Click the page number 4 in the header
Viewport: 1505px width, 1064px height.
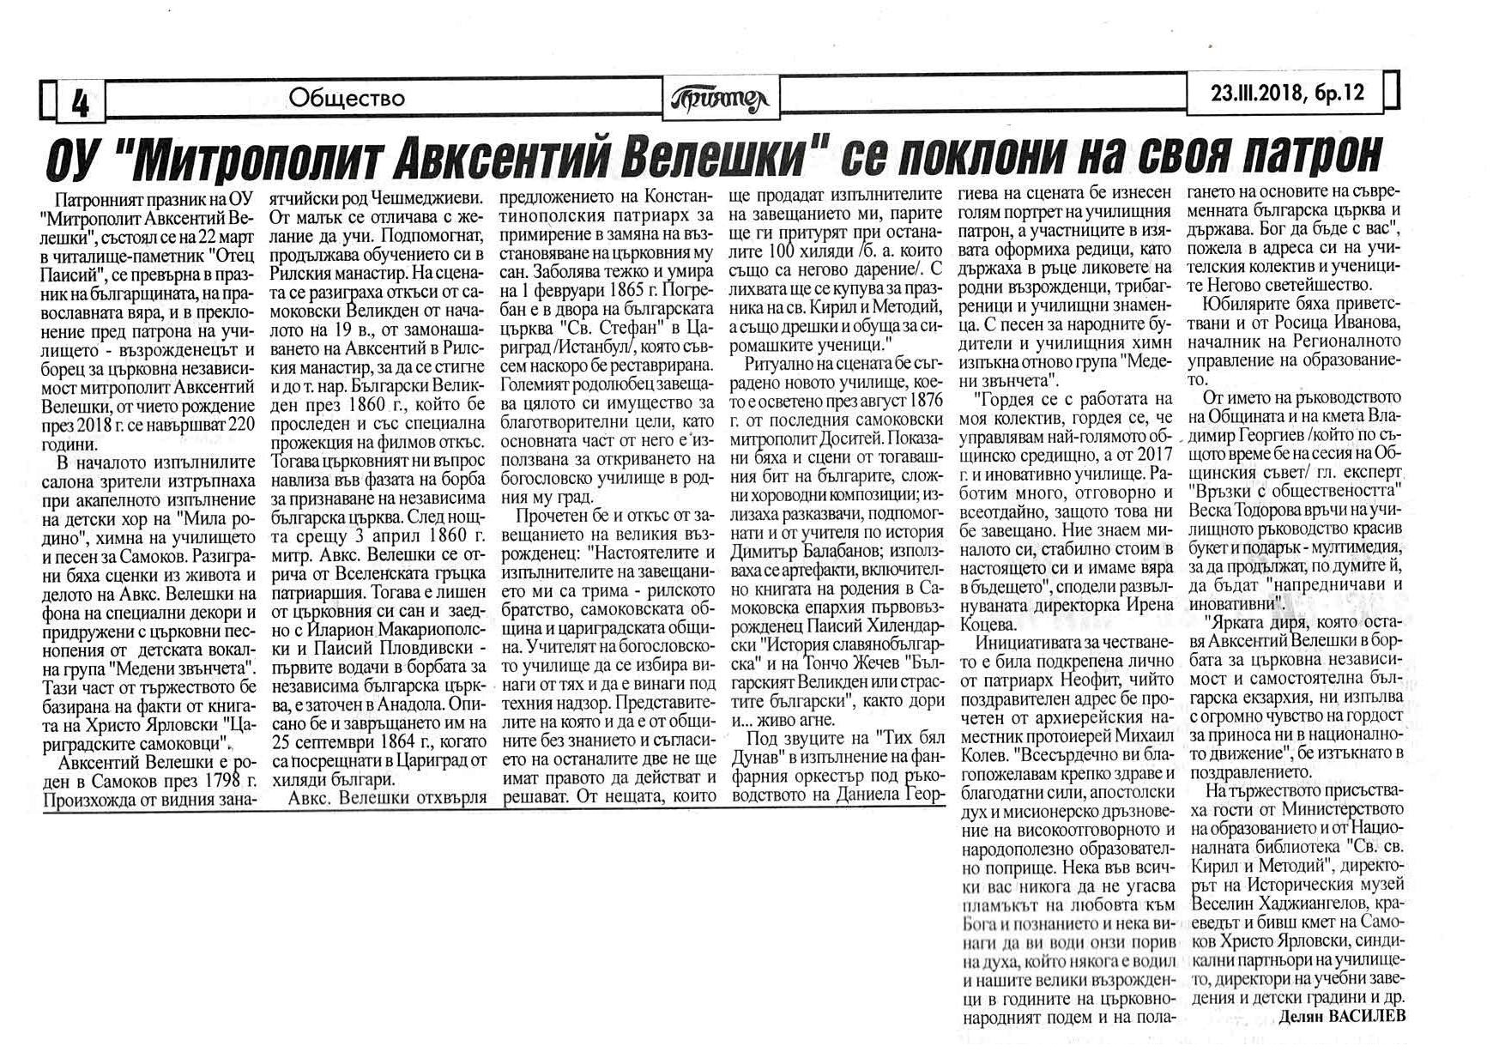tap(81, 104)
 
